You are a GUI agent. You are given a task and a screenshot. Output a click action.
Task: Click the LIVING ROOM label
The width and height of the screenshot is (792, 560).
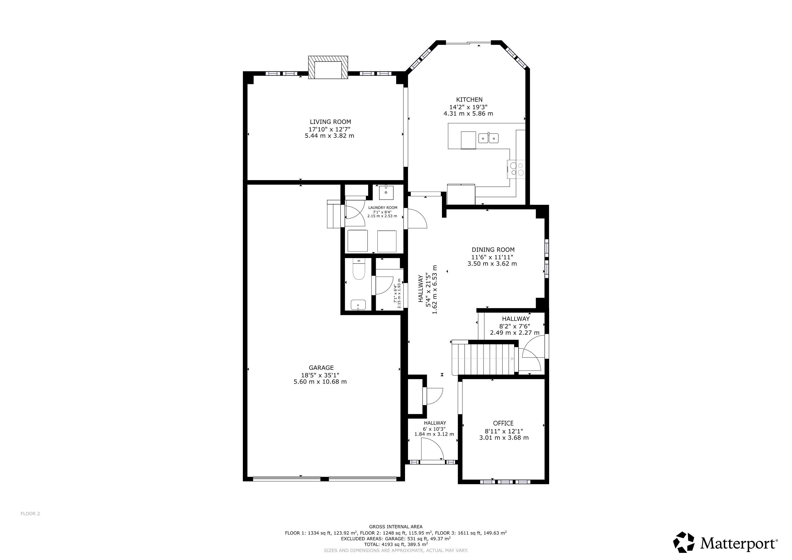[330, 122]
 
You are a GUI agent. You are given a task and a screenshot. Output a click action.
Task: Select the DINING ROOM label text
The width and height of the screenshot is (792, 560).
[493, 250]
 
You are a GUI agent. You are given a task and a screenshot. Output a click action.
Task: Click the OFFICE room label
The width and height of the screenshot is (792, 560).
[503, 423]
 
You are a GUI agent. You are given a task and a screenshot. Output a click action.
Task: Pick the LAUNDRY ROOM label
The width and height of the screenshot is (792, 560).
[383, 208]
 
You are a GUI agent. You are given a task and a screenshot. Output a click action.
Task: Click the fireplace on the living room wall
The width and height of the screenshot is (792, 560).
[328, 68]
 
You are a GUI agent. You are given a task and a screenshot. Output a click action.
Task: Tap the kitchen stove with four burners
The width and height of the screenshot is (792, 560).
[516, 169]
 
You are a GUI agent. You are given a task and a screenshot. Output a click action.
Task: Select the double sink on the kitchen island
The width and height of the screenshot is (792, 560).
[488, 138]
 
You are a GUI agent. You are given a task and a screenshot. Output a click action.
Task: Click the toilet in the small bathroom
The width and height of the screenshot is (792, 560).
[359, 269]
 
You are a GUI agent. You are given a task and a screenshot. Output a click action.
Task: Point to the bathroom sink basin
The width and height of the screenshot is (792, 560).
[359, 305]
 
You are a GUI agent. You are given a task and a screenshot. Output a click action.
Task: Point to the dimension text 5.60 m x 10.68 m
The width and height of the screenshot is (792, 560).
[320, 382]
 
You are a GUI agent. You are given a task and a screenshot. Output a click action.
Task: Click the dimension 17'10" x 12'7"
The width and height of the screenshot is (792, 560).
[330, 129]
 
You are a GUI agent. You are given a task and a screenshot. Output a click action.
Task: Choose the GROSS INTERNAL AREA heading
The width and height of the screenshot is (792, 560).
[396, 527]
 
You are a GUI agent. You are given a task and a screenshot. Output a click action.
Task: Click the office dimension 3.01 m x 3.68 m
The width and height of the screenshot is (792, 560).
[504, 437]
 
